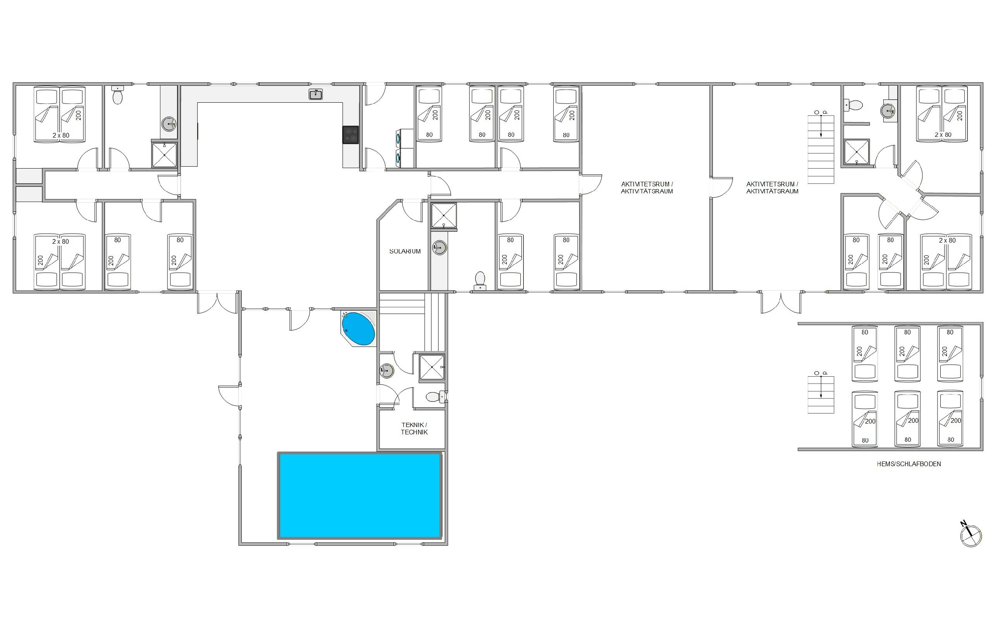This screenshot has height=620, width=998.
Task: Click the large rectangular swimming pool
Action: tap(360, 495)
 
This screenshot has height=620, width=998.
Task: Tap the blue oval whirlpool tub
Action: tap(358, 329)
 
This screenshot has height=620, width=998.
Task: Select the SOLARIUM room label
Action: tap(405, 251)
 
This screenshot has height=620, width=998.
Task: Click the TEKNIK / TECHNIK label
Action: tap(414, 429)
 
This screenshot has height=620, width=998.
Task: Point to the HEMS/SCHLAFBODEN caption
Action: tap(909, 464)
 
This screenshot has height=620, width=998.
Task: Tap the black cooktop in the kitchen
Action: tap(351, 134)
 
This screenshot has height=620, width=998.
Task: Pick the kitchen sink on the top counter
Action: tap(315, 94)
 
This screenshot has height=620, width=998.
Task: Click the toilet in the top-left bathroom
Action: tap(118, 95)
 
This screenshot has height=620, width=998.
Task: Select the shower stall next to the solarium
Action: tap(444, 215)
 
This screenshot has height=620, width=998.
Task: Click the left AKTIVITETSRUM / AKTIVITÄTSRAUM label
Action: tap(647, 188)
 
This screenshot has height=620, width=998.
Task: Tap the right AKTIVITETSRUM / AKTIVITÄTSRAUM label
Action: tap(772, 188)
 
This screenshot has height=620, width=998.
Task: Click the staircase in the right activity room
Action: tap(821, 149)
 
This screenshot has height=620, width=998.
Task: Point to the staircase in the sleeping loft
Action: tap(821, 394)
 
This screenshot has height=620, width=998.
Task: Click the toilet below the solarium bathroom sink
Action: tap(480, 281)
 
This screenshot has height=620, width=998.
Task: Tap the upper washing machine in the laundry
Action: tap(399, 138)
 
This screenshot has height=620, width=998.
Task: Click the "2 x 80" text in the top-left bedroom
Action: tap(61, 135)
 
